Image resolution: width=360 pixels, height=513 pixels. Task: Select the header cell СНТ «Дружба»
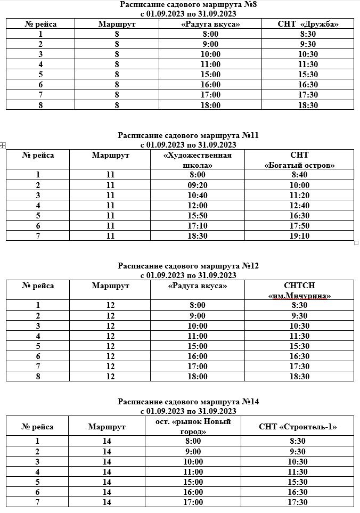pyautogui.click(x=308, y=24)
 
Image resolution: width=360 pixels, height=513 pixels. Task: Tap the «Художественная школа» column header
pyautogui.click(x=198, y=160)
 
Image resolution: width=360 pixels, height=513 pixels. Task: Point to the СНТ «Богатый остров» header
pyautogui.click(x=299, y=160)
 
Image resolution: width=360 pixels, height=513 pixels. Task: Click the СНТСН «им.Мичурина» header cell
pyautogui.click(x=299, y=290)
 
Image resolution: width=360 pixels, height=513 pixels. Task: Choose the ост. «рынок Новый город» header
pyautogui.click(x=193, y=426)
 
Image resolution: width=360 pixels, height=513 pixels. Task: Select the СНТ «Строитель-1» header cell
pyautogui.click(x=298, y=427)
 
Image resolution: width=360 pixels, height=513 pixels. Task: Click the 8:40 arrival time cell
pyautogui.click(x=300, y=175)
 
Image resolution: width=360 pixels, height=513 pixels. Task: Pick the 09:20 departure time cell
pyautogui.click(x=198, y=185)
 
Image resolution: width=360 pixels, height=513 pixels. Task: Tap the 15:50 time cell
pyautogui.click(x=198, y=216)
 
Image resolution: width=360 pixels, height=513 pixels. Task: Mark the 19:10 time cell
pyautogui.click(x=300, y=236)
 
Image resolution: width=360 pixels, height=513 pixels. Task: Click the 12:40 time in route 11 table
pyautogui.click(x=300, y=206)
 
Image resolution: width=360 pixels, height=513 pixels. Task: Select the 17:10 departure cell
pyautogui.click(x=198, y=226)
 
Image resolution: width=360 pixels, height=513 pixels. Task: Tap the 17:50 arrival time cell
pyautogui.click(x=300, y=226)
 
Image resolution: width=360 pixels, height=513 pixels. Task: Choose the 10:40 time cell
pyautogui.click(x=198, y=196)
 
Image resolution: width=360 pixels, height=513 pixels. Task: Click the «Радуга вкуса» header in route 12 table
pyautogui.click(x=198, y=286)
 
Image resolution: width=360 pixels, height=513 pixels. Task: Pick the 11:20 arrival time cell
pyautogui.click(x=300, y=196)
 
